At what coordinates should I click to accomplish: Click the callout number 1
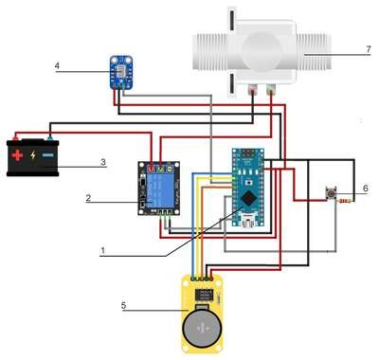pos(102,251)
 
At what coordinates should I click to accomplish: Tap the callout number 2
pos(88,198)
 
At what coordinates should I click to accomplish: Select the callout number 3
pos(103,162)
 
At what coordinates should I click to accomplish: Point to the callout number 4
pos(57,65)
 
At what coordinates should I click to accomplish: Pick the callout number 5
pos(123,305)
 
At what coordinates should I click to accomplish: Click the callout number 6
pos(366,189)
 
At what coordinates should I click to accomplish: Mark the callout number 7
pos(369,49)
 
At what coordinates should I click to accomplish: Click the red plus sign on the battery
pos(17,155)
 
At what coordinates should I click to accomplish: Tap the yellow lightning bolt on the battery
pos(33,155)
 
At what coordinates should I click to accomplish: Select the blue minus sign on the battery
pos(48,155)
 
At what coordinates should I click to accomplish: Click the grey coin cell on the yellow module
pos(202,329)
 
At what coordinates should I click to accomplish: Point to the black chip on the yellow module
pos(204,296)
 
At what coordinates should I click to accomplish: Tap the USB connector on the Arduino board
pos(248,221)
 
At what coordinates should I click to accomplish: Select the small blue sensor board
pos(121,72)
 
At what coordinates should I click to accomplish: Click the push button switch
pos(331,193)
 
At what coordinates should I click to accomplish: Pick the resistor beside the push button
pos(345,201)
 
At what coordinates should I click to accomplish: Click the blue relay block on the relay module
pos(160,190)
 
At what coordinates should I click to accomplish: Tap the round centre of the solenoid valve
pos(262,50)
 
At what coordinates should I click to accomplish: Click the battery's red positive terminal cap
pos(15,137)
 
